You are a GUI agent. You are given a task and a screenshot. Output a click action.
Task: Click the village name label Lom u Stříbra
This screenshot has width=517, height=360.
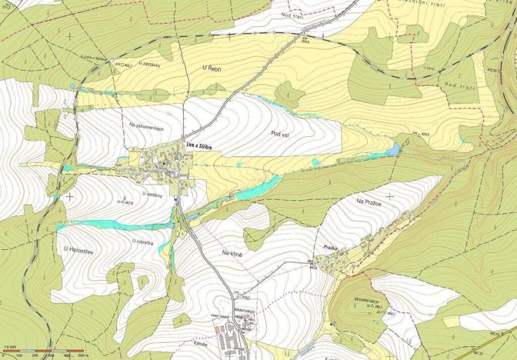[198, 143]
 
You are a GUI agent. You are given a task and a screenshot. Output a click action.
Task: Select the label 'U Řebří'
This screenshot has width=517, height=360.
[212, 69]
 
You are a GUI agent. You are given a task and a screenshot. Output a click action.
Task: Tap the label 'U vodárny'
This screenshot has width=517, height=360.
[153, 194]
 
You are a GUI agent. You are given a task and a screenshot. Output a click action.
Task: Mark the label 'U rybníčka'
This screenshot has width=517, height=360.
[144, 241]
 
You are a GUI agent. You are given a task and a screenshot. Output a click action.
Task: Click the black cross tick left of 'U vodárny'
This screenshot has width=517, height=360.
[71, 195]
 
